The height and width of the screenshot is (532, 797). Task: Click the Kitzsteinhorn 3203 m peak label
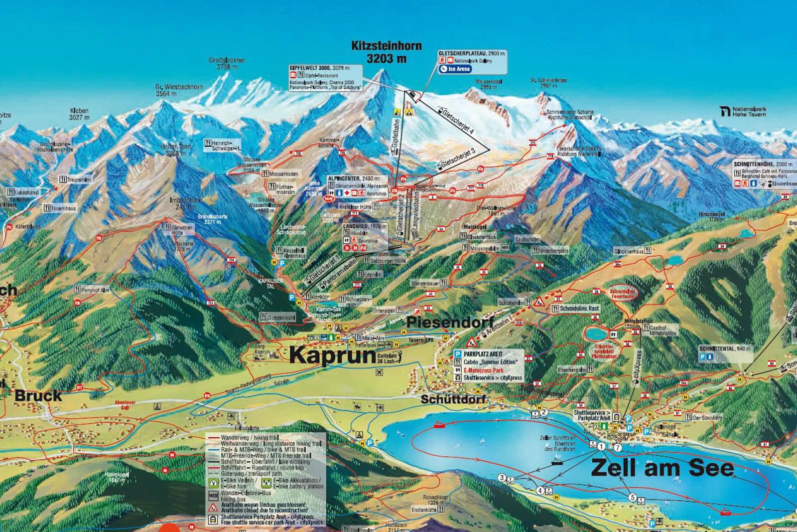(387, 52)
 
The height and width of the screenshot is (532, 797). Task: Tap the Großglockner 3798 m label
(227, 63)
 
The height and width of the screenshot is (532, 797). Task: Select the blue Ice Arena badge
(455, 69)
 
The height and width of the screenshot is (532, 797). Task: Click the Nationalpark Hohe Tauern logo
(743, 111)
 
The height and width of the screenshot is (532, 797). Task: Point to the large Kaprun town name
(332, 355)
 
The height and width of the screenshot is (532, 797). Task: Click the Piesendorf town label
(450, 323)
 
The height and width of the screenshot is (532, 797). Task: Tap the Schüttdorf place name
(453, 399)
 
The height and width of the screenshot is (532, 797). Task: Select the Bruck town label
(38, 396)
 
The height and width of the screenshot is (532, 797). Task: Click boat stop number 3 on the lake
(502, 478)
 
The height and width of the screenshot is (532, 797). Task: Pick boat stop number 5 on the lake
(633, 497)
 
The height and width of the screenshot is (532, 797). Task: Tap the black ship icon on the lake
(557, 462)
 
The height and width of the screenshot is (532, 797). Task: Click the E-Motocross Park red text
(483, 370)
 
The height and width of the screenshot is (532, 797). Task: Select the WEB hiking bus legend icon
(213, 496)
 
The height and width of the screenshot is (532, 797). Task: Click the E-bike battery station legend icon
(266, 483)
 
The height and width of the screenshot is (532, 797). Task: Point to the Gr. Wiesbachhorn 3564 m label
(179, 90)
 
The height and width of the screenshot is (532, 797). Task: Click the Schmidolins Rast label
(579, 309)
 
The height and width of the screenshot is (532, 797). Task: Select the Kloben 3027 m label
(79, 114)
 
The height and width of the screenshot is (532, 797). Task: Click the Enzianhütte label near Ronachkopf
(424, 510)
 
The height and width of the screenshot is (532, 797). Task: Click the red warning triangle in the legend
(213, 508)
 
